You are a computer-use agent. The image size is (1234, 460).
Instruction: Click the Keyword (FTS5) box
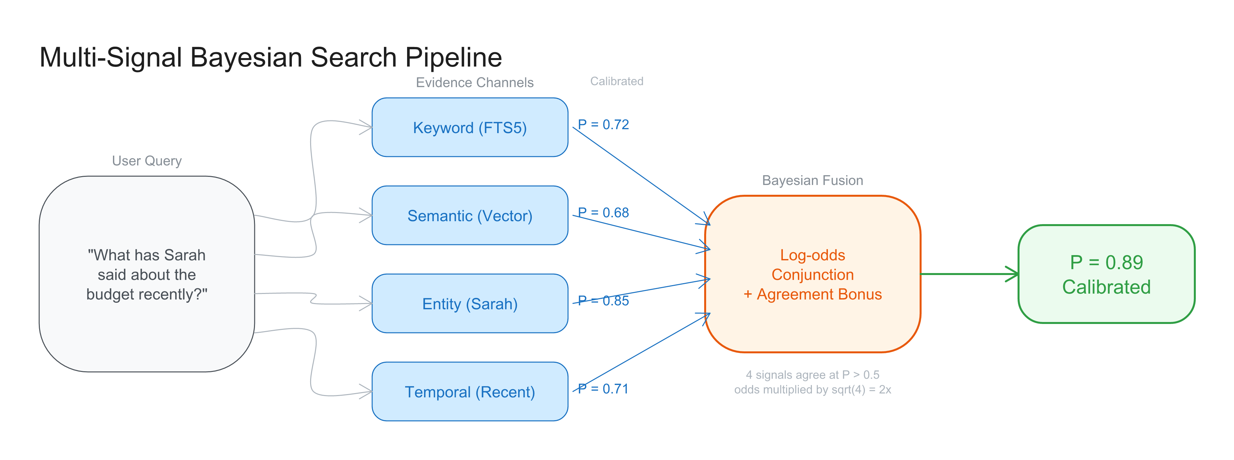pyautogui.click(x=469, y=127)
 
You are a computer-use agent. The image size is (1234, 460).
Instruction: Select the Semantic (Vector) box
pyautogui.click(x=469, y=215)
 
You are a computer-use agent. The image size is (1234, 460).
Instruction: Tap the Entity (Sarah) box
pyautogui.click(x=469, y=303)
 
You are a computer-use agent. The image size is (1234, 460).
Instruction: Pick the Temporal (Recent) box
pyautogui.click(x=469, y=391)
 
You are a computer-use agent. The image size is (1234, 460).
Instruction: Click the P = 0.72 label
pyautogui.click(x=603, y=124)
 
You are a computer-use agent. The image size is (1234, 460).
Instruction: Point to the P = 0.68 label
pyautogui.click(x=603, y=212)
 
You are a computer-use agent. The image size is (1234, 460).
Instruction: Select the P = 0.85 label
pyautogui.click(x=603, y=300)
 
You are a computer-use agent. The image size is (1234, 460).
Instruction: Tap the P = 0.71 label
pyautogui.click(x=603, y=389)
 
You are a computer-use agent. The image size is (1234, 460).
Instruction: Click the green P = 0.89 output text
pyautogui.click(x=1106, y=262)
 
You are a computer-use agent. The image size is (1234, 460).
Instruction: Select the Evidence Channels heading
pyautogui.click(x=474, y=82)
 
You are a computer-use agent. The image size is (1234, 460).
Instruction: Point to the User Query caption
pyautogui.click(x=147, y=161)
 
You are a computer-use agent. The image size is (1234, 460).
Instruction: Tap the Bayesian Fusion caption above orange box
pyautogui.click(x=813, y=180)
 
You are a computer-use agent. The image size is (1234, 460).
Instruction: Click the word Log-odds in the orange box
pyautogui.click(x=813, y=255)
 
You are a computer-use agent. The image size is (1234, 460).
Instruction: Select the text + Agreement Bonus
pyautogui.click(x=813, y=294)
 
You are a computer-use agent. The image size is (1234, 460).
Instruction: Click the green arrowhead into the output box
pyautogui.click(x=1013, y=274)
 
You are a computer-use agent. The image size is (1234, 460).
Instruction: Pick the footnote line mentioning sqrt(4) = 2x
pyautogui.click(x=813, y=390)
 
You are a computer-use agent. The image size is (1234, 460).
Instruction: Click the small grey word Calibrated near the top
pyautogui.click(x=617, y=81)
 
